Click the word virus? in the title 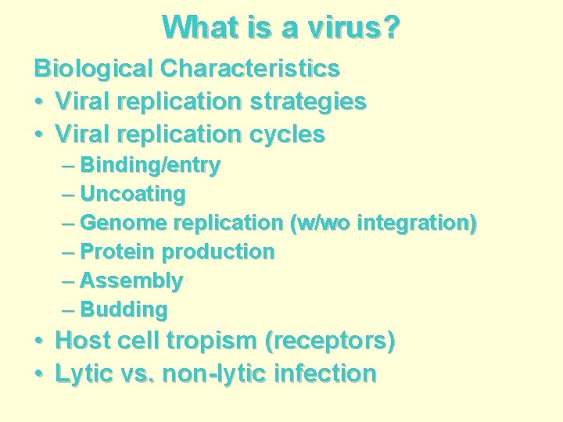352,27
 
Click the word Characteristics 250,69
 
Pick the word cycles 288,134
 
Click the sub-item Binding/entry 150,165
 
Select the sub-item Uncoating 133,194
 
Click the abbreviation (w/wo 321,223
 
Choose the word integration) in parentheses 417,223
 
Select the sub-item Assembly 131,281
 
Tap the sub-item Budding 124,309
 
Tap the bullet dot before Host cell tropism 39,342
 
